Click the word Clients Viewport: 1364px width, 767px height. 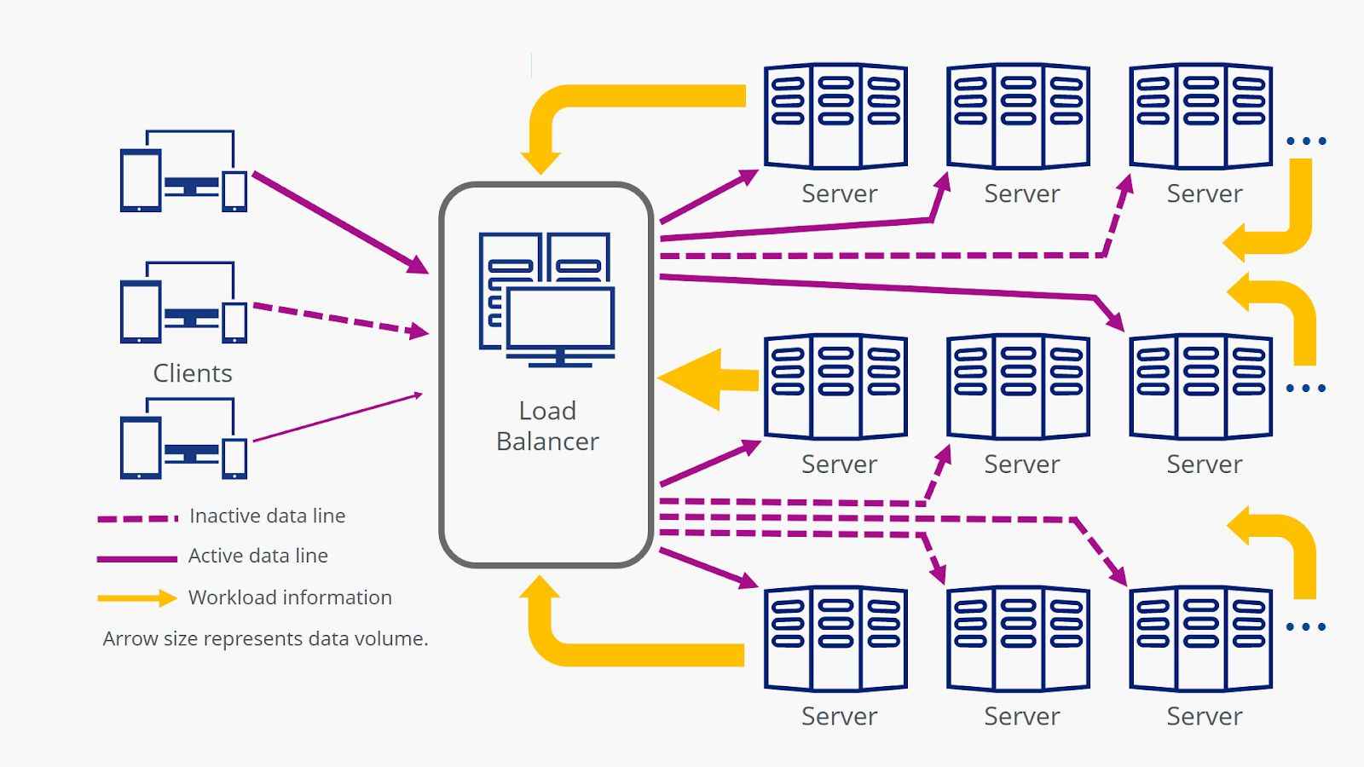(x=193, y=373)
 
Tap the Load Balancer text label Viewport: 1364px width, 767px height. (x=547, y=426)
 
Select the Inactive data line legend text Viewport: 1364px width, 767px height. (x=267, y=516)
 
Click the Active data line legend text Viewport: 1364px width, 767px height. (x=257, y=556)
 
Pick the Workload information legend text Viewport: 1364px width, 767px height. (x=290, y=597)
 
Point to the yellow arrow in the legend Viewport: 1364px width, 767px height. (x=136, y=598)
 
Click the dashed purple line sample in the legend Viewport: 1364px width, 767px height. (x=137, y=517)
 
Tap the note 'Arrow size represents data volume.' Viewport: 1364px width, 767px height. (x=265, y=638)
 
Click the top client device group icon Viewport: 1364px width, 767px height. (x=183, y=171)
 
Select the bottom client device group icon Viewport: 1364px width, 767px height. (x=183, y=439)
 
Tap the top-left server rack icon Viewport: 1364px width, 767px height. (x=835, y=116)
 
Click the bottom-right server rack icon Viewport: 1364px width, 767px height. (x=1200, y=638)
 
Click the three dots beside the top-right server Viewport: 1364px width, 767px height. (x=1306, y=141)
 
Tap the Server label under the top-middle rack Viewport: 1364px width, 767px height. (x=1021, y=193)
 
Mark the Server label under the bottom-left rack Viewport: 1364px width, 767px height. (x=839, y=716)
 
